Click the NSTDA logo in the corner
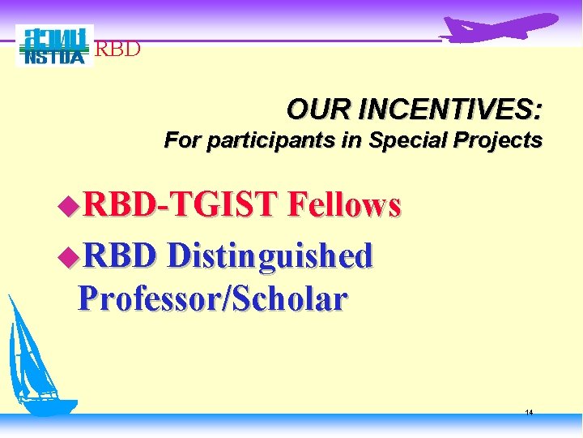[54, 45]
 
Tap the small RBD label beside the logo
[118, 49]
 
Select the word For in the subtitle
[182, 140]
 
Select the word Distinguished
[270, 256]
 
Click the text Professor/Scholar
[212, 300]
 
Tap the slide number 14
[529, 413]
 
